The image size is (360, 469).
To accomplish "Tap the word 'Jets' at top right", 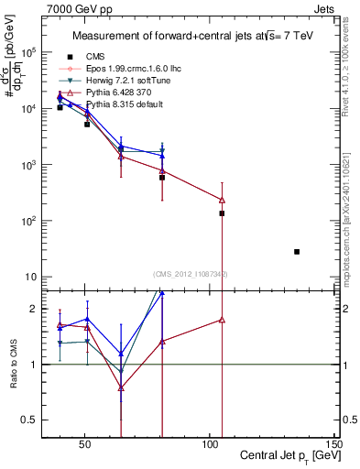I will [326, 7].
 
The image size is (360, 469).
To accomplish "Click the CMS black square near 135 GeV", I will [297, 251].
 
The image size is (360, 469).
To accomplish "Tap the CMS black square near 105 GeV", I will [222, 213].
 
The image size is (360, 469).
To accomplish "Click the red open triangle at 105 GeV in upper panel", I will [222, 200].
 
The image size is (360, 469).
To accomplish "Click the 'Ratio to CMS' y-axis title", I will [13, 362].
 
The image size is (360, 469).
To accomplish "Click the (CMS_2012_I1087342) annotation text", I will [191, 274].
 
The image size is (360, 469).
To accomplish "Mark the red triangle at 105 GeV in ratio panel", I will [222, 320].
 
